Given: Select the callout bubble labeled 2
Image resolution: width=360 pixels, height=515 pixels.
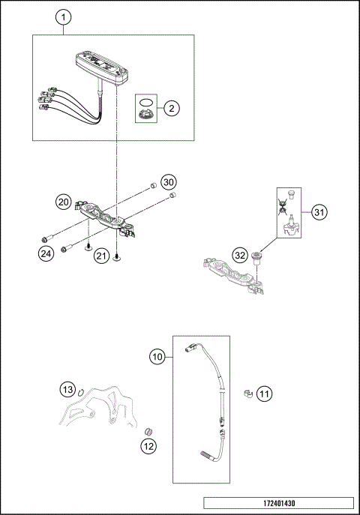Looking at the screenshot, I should pyautogui.click(x=171, y=109).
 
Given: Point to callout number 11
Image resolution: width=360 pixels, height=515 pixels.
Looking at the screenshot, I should pyautogui.click(x=264, y=393).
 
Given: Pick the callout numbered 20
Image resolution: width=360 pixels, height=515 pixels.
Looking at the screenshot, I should pyautogui.click(x=63, y=202).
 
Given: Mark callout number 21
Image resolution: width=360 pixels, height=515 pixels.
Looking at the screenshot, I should pyautogui.click(x=102, y=257).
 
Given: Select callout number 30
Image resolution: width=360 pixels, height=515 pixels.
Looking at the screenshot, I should pyautogui.click(x=169, y=182).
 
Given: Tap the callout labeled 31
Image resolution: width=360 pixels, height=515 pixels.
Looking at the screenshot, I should pyautogui.click(x=319, y=213).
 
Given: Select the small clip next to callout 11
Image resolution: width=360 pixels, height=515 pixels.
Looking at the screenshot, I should pyautogui.click(x=245, y=393).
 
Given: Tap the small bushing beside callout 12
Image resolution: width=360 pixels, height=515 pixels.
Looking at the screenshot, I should pyautogui.click(x=148, y=431).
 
